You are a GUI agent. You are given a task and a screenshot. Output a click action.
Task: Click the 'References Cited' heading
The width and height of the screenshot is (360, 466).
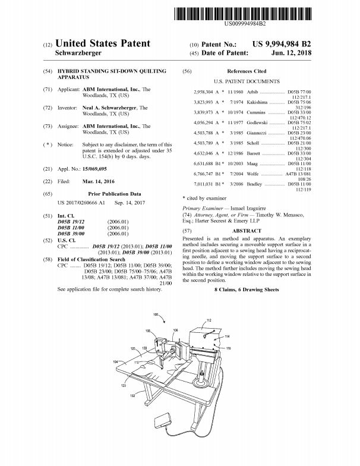(x=247, y=71)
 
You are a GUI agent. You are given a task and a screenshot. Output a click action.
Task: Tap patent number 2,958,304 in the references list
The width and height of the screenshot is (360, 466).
(x=205, y=93)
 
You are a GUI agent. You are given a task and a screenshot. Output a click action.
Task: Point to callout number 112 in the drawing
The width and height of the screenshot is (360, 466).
(x=209, y=320)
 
